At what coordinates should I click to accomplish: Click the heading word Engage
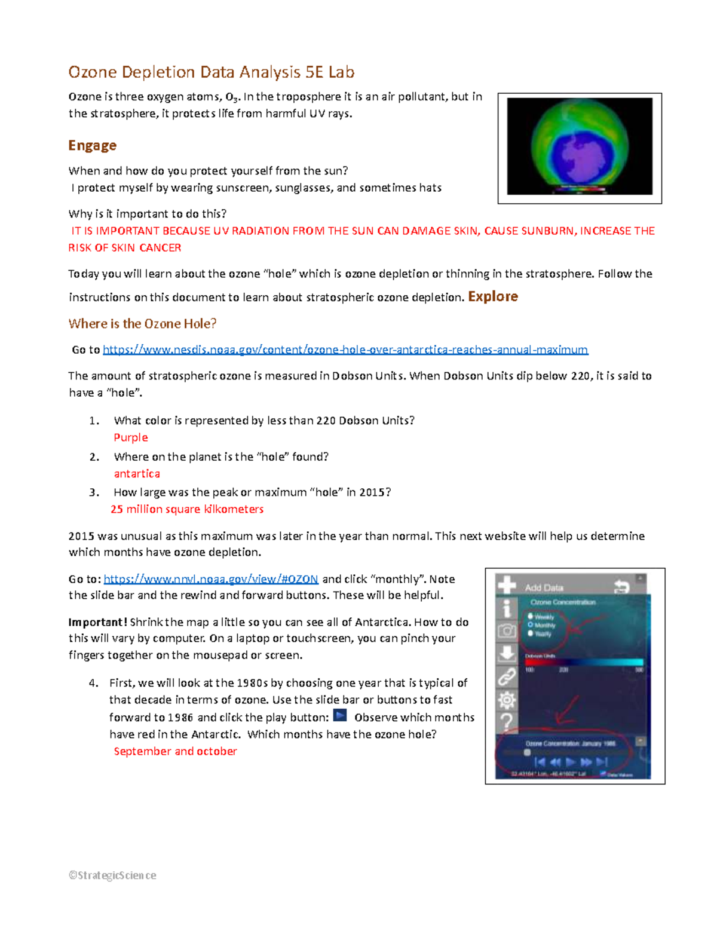tap(92, 145)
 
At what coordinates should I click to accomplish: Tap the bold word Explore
tap(493, 296)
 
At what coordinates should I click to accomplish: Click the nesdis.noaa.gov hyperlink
tap(345, 350)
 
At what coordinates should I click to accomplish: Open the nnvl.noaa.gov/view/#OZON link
tap(210, 579)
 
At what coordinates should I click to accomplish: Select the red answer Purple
tap(130, 437)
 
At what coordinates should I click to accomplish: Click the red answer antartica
tap(137, 473)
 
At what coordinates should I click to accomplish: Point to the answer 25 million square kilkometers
tap(186, 509)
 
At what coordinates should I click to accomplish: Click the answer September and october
tap(175, 751)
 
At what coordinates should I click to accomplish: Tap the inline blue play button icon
tap(340, 716)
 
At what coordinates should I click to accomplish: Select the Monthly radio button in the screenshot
tap(531, 625)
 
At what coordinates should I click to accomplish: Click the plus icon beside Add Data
tap(507, 586)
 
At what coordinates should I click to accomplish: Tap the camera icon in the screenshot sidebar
tap(507, 631)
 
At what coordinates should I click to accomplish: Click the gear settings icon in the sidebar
tap(507, 700)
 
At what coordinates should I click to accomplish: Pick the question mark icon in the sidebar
tap(507, 722)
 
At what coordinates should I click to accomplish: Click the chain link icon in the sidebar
tap(507, 677)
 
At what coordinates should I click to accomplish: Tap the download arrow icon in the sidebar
tap(507, 654)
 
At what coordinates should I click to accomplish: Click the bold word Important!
tap(97, 622)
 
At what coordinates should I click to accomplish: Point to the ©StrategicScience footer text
tap(112, 875)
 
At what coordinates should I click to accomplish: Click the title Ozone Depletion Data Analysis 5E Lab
tap(211, 72)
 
